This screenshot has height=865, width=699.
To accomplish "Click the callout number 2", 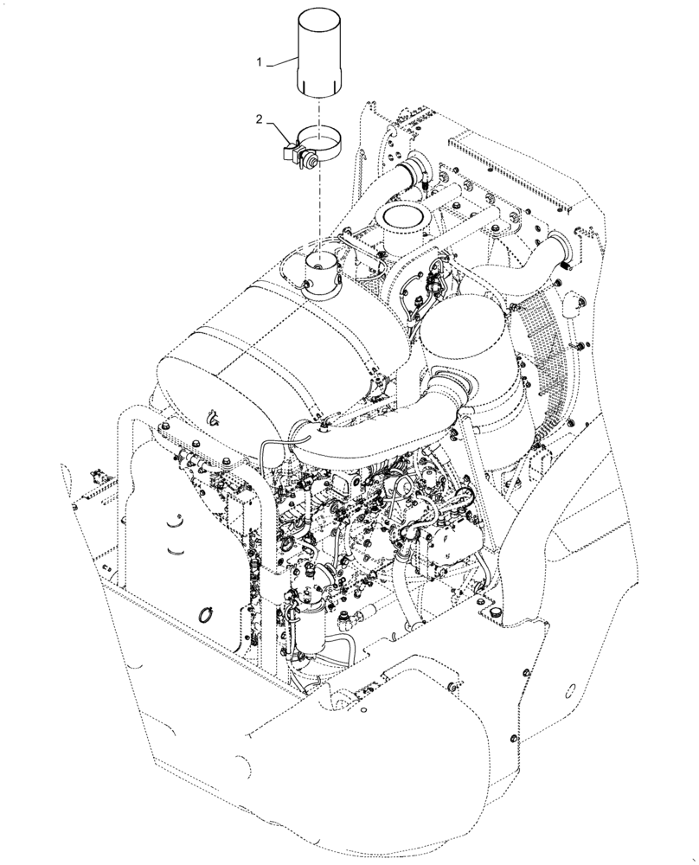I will point(259,121).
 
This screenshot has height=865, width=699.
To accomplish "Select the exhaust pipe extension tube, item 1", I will point(317,52).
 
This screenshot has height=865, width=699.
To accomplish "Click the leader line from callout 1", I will point(281,64).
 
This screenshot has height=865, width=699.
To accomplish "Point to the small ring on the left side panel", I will point(204,615).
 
